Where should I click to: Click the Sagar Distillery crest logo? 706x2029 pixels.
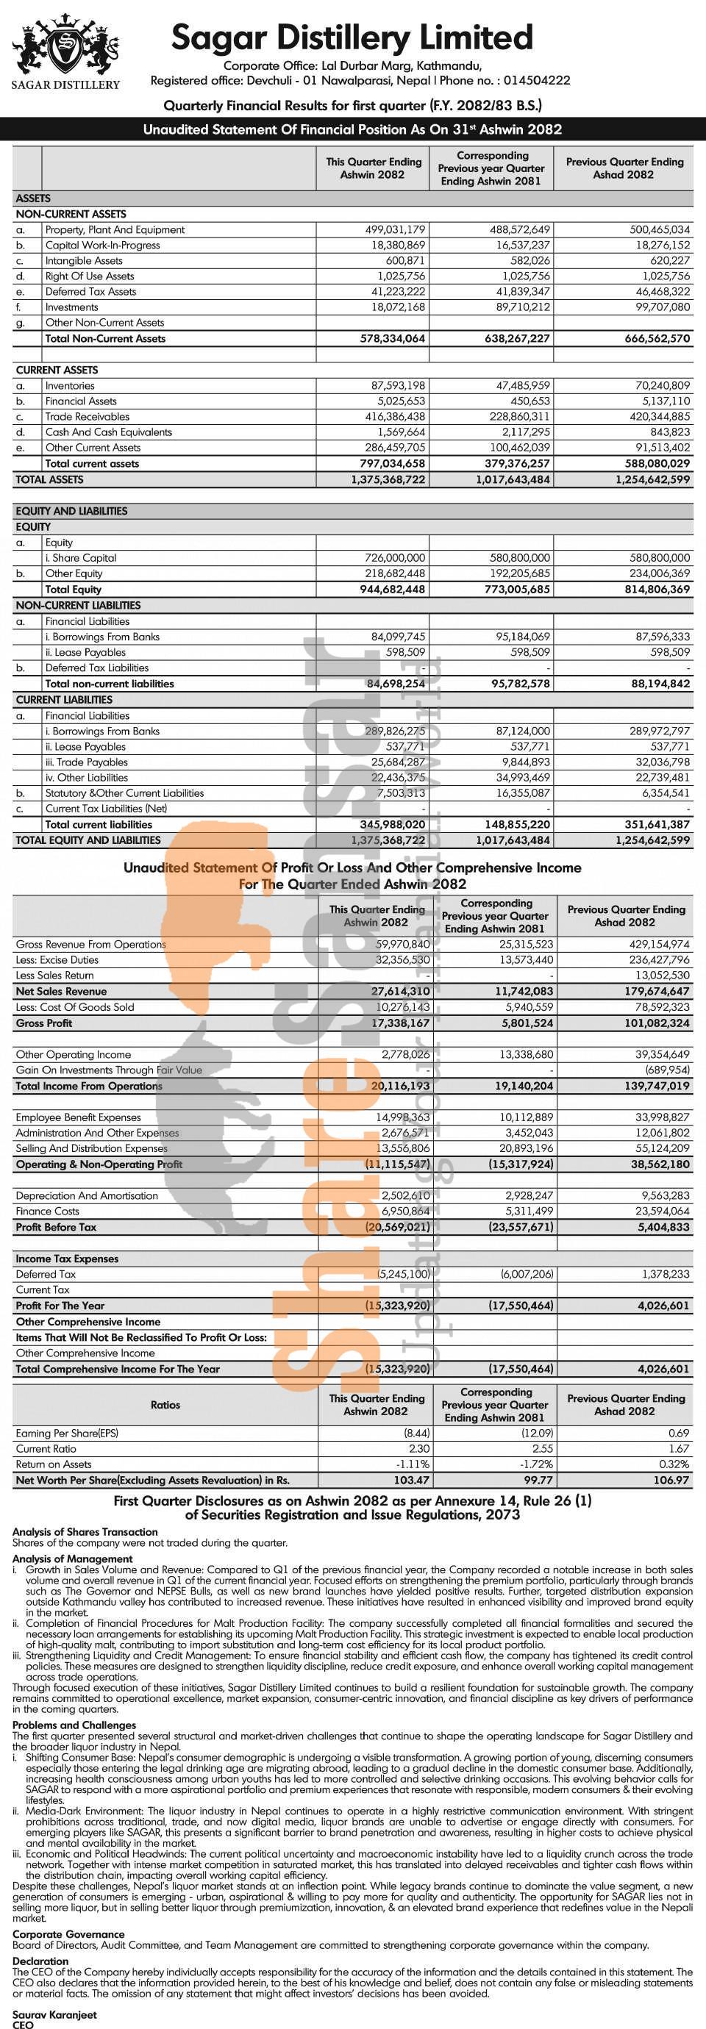[65, 47]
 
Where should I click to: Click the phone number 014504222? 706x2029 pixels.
[537, 80]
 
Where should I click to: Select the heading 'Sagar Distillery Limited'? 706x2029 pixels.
[352, 37]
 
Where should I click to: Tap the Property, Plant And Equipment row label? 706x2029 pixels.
[115, 230]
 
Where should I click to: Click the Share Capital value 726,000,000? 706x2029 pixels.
[395, 558]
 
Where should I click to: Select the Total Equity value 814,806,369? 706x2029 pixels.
[656, 589]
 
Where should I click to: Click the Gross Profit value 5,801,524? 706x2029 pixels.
[522, 1023]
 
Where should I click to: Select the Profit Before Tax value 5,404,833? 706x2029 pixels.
[660, 1227]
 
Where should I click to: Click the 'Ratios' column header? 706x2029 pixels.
[165, 1405]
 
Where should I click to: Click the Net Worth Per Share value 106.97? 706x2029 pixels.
[671, 1480]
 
